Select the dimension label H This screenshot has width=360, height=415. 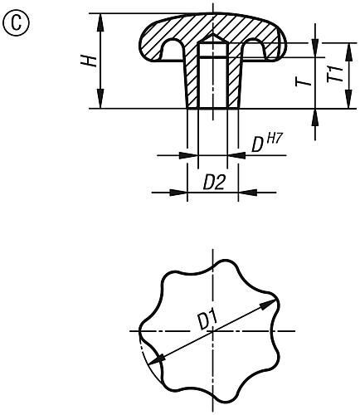click(x=93, y=60)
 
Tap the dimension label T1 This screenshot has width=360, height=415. click(x=334, y=73)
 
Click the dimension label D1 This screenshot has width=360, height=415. click(x=207, y=318)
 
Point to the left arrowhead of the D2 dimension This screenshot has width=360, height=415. click(x=182, y=193)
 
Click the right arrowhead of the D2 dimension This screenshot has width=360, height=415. click(x=245, y=193)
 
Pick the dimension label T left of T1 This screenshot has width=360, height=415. click(x=305, y=81)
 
